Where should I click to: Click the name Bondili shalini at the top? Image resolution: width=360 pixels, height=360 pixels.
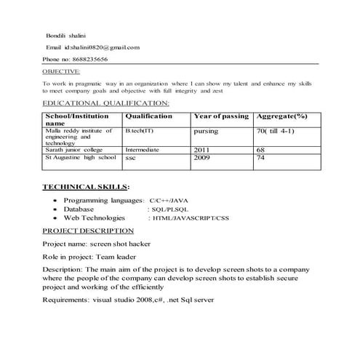(x=66, y=35)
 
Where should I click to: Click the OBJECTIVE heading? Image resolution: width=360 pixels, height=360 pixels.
(x=62, y=71)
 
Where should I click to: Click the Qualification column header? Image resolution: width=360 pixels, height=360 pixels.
(x=148, y=116)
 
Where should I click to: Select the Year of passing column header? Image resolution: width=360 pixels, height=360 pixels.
(x=221, y=116)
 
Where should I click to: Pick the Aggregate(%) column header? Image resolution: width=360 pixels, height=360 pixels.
(x=282, y=116)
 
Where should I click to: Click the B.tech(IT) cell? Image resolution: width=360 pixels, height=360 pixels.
(x=139, y=131)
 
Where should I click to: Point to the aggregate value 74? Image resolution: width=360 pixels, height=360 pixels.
(x=261, y=157)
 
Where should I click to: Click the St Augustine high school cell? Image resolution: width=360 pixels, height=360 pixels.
(x=80, y=157)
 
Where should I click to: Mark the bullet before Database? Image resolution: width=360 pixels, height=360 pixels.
(x=56, y=209)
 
